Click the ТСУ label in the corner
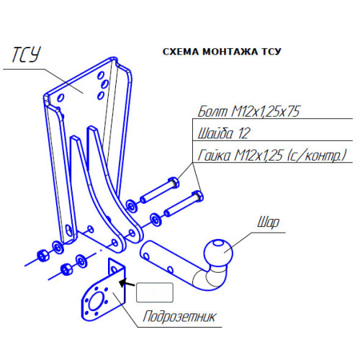(x=27, y=55)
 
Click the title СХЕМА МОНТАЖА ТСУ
(x=222, y=52)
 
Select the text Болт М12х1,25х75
(x=248, y=112)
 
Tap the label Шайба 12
(x=224, y=133)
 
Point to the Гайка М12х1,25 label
(x=272, y=156)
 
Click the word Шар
(x=269, y=222)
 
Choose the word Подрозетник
(x=179, y=317)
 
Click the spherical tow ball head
(x=218, y=253)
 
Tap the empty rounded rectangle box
(x=155, y=292)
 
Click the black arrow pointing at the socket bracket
(x=127, y=283)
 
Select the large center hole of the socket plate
(x=96, y=302)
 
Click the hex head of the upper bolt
(x=174, y=183)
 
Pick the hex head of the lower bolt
(x=197, y=196)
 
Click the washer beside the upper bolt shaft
(x=131, y=206)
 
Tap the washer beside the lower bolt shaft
(x=156, y=220)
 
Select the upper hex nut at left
(x=42, y=256)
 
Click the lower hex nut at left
(x=66, y=269)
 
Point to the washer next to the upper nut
(x=58, y=247)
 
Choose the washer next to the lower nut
(x=81, y=261)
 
